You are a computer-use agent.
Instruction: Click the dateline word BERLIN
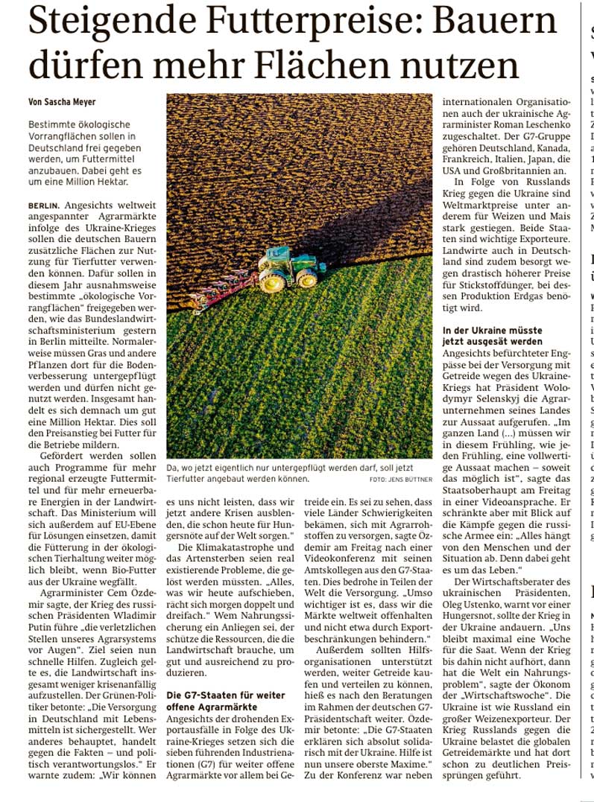tap(43, 204)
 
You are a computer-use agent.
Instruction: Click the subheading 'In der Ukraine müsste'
tap(493, 330)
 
